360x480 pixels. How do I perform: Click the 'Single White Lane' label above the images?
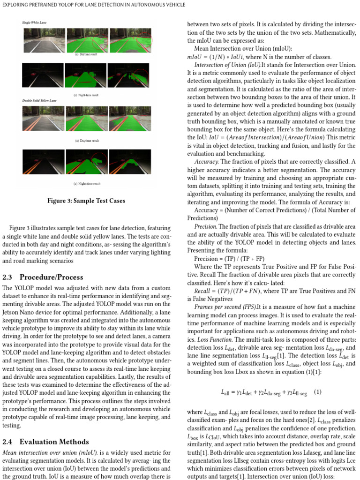[35, 22]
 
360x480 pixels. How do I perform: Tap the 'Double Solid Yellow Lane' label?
[39, 101]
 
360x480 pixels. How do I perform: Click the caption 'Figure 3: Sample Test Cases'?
[86, 201]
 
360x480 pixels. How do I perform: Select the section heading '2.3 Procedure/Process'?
[43, 277]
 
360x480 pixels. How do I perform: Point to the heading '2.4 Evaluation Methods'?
[45, 442]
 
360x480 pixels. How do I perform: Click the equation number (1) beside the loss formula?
[317, 392]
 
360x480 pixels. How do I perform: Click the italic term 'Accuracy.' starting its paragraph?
[206, 162]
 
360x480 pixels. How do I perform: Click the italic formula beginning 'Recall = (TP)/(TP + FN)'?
[229, 291]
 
